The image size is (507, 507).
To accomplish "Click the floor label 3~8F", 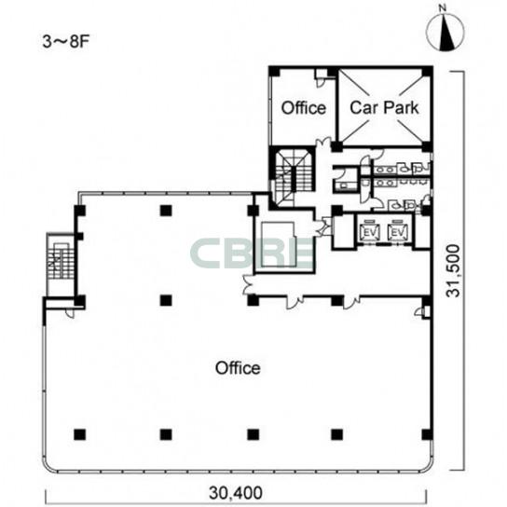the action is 65,41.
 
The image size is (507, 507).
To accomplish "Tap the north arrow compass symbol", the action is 445,33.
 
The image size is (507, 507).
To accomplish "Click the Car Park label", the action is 384,107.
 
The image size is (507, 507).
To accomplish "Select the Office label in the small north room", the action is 303,108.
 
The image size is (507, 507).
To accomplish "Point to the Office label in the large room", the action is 238,368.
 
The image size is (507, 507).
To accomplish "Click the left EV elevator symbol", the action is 370,231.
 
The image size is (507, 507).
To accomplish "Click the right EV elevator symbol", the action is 398,231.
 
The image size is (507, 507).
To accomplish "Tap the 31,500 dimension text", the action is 453,270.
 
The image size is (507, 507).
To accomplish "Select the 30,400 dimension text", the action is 236,493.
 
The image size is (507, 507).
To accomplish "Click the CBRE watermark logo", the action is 253,253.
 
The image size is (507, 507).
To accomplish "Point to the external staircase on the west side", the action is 61,264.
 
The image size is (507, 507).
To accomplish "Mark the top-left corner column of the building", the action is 274,72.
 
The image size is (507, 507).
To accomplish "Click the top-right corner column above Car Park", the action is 428,72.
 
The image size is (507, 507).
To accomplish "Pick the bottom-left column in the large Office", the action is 79,434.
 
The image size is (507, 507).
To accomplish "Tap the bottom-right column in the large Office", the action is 427,434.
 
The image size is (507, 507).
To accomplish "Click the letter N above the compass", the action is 444,8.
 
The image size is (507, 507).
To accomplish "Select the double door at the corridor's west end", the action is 248,284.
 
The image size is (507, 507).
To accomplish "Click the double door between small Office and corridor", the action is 323,143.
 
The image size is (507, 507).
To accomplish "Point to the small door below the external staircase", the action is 70,313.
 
